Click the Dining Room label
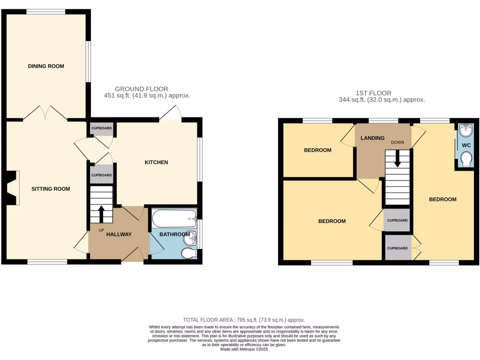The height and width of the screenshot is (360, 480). pyautogui.click(x=46, y=66)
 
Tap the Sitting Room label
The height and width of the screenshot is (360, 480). pyautogui.click(x=51, y=189)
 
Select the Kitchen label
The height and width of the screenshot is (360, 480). pyautogui.click(x=156, y=163)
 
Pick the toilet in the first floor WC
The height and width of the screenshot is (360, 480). pyautogui.click(x=466, y=161)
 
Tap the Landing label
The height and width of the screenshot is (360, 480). pyautogui.click(x=373, y=138)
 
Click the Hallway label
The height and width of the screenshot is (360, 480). pyautogui.click(x=119, y=234)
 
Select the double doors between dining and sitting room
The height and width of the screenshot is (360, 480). pyautogui.click(x=45, y=113)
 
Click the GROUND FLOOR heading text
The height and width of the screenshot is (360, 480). pyautogui.click(x=142, y=89)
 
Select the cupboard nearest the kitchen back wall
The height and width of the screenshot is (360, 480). pyautogui.click(x=101, y=128)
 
